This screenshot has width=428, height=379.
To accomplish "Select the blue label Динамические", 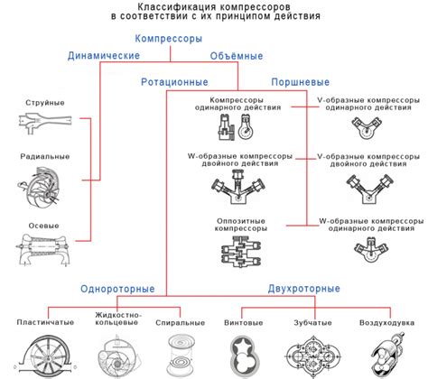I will click(x=103, y=56).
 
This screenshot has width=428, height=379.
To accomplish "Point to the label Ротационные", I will click(x=173, y=81).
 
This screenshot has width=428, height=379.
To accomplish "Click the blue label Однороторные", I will click(x=136, y=289).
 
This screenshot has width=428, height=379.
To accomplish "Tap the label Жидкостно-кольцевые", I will click(x=116, y=319).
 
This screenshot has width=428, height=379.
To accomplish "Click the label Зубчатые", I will click(x=312, y=321).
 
